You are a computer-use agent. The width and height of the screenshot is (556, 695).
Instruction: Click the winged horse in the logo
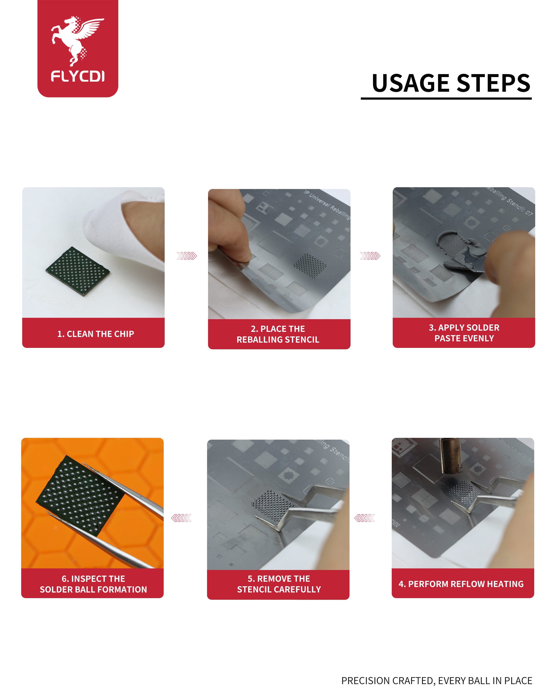[77, 40]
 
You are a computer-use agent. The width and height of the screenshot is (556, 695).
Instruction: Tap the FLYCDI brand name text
[78, 76]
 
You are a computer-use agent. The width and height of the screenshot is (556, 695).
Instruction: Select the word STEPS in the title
[493, 83]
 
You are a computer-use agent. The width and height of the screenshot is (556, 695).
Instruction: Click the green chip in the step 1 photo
[78, 271]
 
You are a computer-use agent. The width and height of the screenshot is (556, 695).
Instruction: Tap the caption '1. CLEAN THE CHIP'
[96, 334]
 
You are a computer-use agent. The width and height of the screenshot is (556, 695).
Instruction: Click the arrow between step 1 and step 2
[187, 256]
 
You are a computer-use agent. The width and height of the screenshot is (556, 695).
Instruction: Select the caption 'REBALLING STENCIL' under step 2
[278, 339]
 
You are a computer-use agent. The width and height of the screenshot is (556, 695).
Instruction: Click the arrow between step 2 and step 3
[370, 256]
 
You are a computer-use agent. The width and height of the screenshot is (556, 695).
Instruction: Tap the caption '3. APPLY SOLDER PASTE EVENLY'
[464, 333]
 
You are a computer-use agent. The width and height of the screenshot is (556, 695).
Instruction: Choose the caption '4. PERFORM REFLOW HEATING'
[461, 584]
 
